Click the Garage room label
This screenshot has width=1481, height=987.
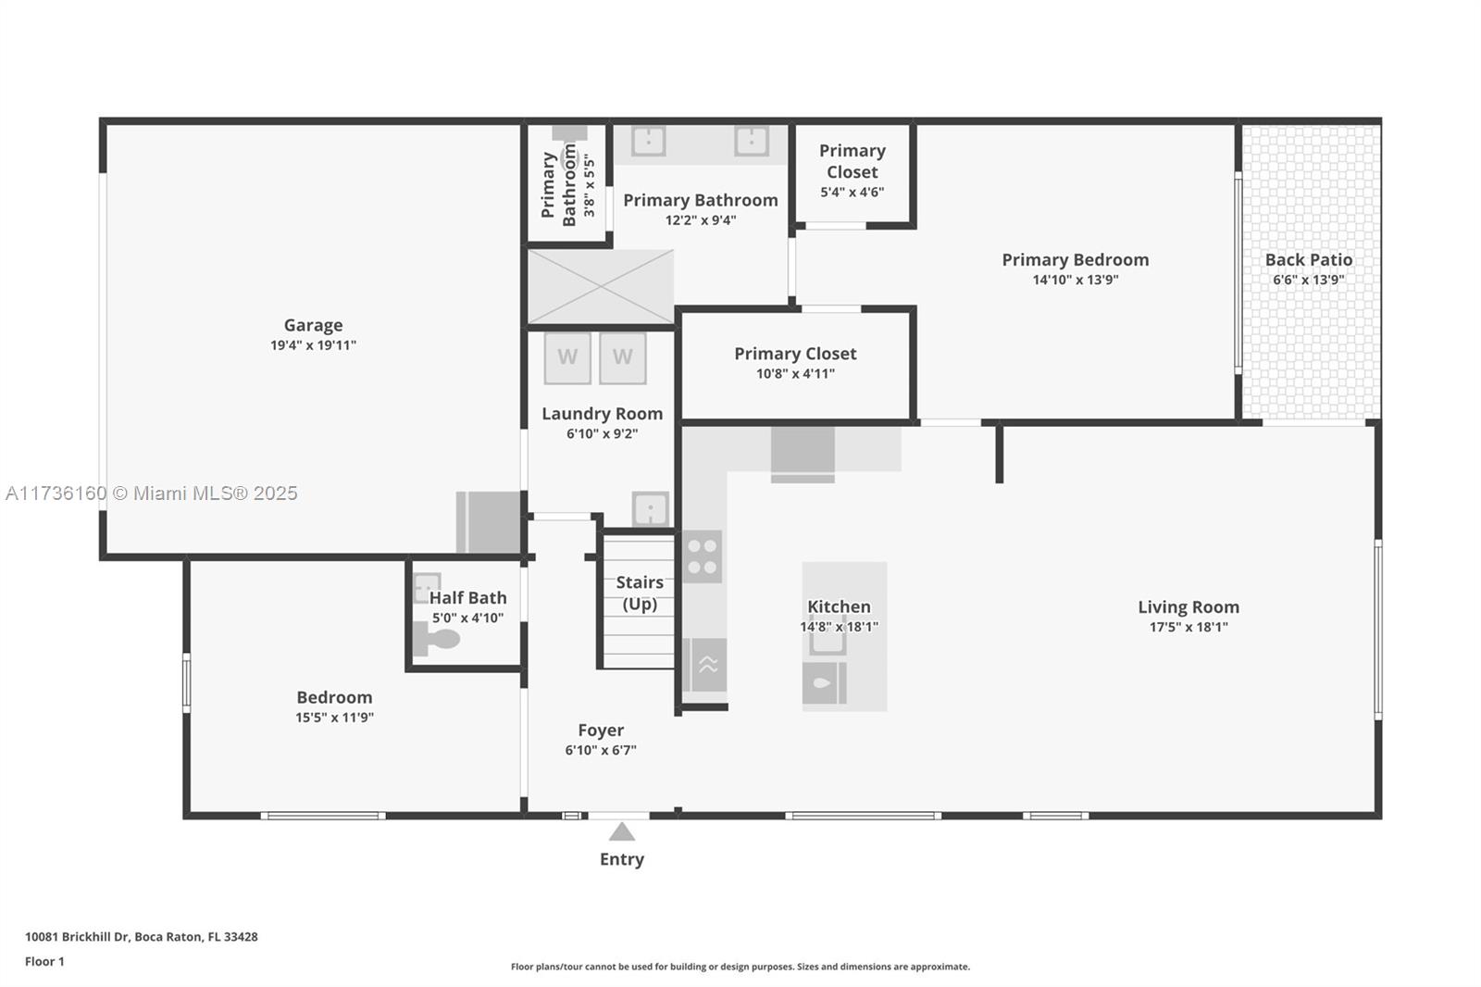(314, 325)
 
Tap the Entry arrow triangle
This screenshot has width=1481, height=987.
(621, 831)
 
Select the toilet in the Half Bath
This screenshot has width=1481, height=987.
(436, 640)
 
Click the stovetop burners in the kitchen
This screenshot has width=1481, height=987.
(703, 556)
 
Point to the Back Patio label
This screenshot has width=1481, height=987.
(1309, 260)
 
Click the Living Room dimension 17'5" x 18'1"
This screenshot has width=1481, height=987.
(1189, 627)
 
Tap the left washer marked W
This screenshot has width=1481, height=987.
(567, 358)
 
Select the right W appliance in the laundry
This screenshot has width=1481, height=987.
(622, 358)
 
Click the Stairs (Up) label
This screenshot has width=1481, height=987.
(640, 593)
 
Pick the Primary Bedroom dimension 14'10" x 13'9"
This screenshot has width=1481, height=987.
(1075, 280)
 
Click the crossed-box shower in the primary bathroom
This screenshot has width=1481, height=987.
(601, 287)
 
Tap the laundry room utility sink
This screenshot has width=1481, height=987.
(650, 508)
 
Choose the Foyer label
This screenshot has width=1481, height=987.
(601, 730)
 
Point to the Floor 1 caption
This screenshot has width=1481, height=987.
(44, 961)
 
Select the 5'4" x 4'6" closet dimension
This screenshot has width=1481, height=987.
(852, 192)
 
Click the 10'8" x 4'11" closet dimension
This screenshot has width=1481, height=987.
(795, 373)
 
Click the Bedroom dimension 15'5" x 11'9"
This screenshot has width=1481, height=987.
(334, 717)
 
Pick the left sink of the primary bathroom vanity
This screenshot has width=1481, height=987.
(648, 141)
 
